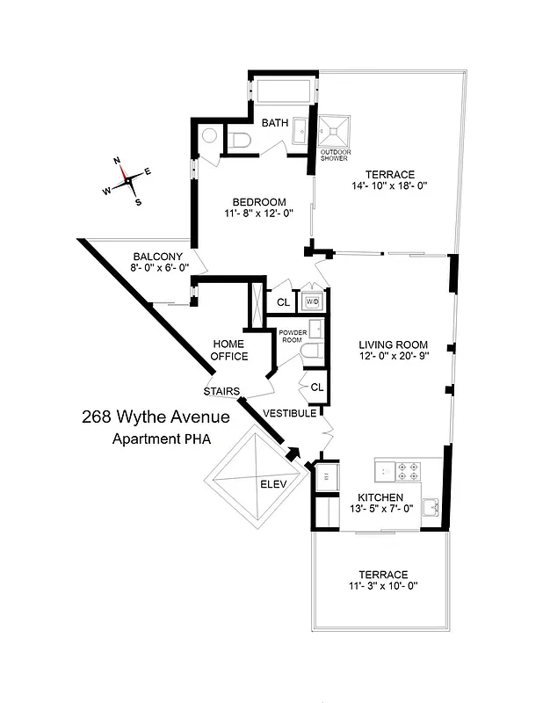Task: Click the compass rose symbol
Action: pyautogui.click(x=127, y=179)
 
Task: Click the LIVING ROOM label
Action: pyautogui.click(x=393, y=344)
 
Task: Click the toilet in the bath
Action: pyautogui.click(x=242, y=139)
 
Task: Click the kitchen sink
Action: pyautogui.click(x=431, y=508)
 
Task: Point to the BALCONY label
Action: pyautogui.click(x=158, y=257)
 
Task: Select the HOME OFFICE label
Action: pyautogui.click(x=228, y=350)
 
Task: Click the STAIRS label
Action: pyautogui.click(x=221, y=391)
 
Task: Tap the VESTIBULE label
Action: pyautogui.click(x=289, y=413)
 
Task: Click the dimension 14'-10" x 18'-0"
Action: pyautogui.click(x=390, y=187)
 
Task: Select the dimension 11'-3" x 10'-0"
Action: pyautogui.click(x=382, y=586)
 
